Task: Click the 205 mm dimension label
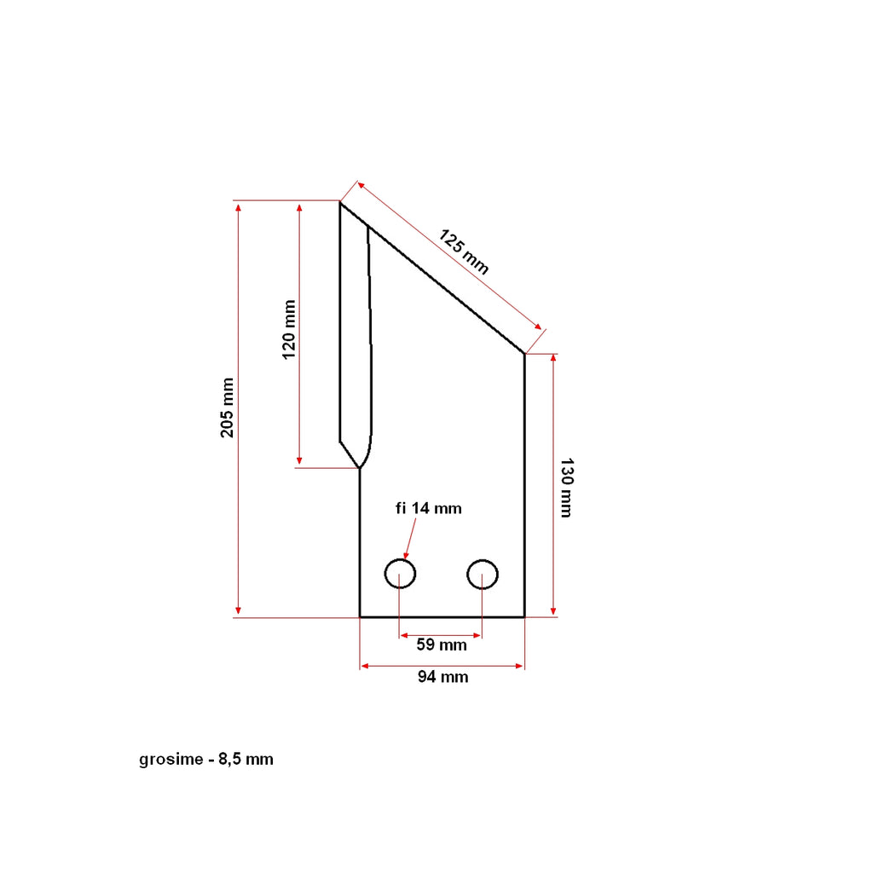228,408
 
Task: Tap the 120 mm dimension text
290,329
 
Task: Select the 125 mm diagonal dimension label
464,251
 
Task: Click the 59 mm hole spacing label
442,645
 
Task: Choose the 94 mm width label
442,678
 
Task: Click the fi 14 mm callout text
428,509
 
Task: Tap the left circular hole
400,574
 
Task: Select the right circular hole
482,574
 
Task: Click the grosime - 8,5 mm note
206,760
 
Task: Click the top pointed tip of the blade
340,202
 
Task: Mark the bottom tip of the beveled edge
360,468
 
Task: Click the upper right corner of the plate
523,354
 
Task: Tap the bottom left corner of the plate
360,616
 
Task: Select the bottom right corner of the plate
523,616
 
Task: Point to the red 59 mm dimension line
441,634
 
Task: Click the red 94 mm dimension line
442,666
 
